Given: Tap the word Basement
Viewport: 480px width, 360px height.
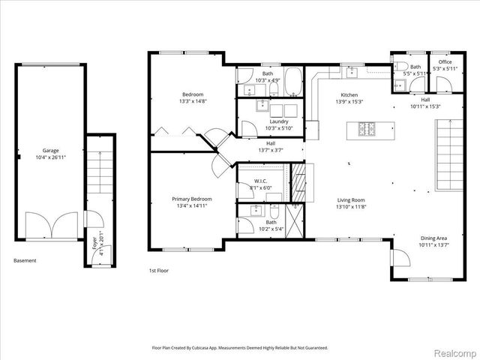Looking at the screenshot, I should (25, 260).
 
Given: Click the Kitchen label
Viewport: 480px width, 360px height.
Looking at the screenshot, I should (349, 94).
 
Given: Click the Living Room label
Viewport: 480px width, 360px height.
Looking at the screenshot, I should (351, 199).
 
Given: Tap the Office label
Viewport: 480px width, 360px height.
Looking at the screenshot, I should (445, 62).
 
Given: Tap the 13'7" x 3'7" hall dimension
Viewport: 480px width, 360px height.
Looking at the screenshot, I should (271, 150).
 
